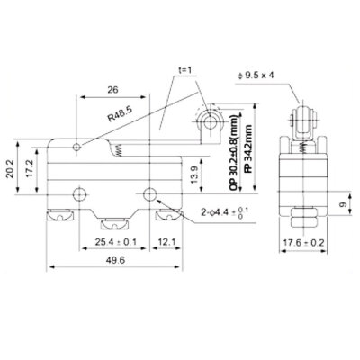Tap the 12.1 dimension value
pos(162,241)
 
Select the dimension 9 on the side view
pos(343,204)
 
